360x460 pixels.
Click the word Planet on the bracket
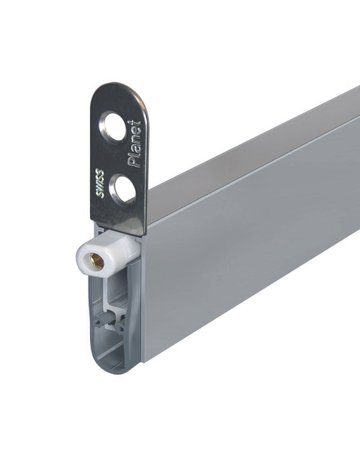tap(136, 144)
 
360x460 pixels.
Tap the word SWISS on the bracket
tap(100, 184)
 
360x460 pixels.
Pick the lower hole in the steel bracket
tap(123, 189)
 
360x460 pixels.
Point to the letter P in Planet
tap(136, 162)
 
